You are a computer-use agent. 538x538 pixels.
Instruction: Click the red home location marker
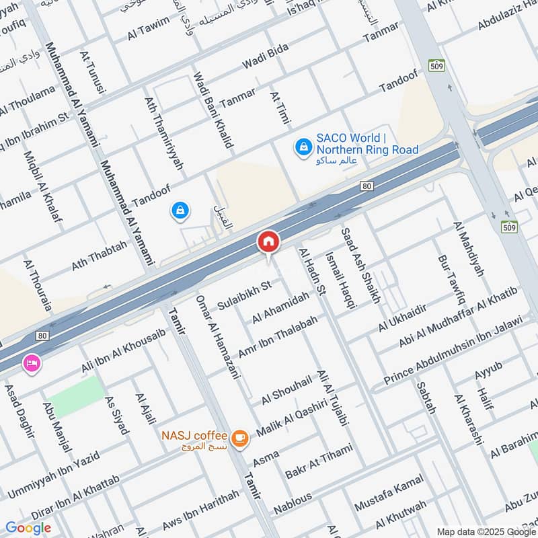point(268,241)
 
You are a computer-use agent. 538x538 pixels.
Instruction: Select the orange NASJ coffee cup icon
point(239,438)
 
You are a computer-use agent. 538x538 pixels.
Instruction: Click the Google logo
point(28,528)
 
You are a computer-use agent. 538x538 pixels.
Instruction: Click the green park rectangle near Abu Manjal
point(77,395)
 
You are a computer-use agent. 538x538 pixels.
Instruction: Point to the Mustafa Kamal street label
point(391,490)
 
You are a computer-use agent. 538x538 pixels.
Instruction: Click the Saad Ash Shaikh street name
point(360,264)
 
